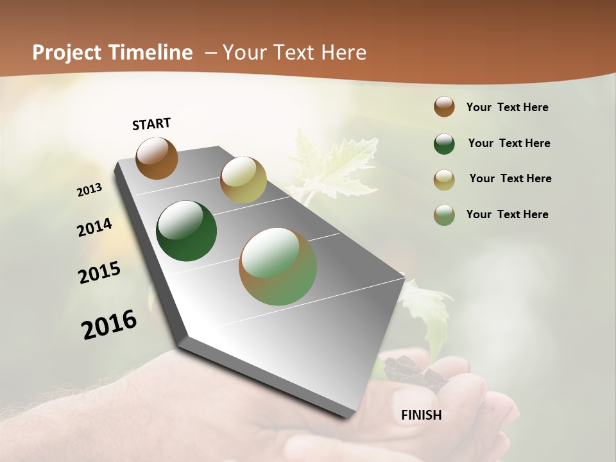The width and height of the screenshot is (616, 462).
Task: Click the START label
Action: [x=151, y=124]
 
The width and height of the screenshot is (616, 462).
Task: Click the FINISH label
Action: [x=422, y=415]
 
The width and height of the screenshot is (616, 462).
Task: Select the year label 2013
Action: [x=89, y=190]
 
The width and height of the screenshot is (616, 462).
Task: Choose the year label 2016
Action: [x=109, y=325]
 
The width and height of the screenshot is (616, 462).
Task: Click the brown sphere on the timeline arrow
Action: [x=157, y=158]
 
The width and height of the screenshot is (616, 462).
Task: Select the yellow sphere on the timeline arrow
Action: [x=243, y=180]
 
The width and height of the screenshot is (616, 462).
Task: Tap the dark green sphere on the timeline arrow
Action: [x=187, y=231]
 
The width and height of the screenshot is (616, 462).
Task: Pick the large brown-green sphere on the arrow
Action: [x=278, y=266]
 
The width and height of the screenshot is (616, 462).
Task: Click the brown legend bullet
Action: [x=444, y=107]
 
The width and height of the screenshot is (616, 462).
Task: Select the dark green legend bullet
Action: [x=444, y=144]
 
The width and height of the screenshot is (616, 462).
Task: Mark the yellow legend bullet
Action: [x=444, y=180]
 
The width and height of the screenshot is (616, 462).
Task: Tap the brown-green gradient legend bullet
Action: [x=444, y=215]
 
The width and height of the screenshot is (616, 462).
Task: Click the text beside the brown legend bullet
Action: [x=507, y=107]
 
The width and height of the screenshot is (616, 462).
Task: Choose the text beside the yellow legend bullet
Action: [x=510, y=178]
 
